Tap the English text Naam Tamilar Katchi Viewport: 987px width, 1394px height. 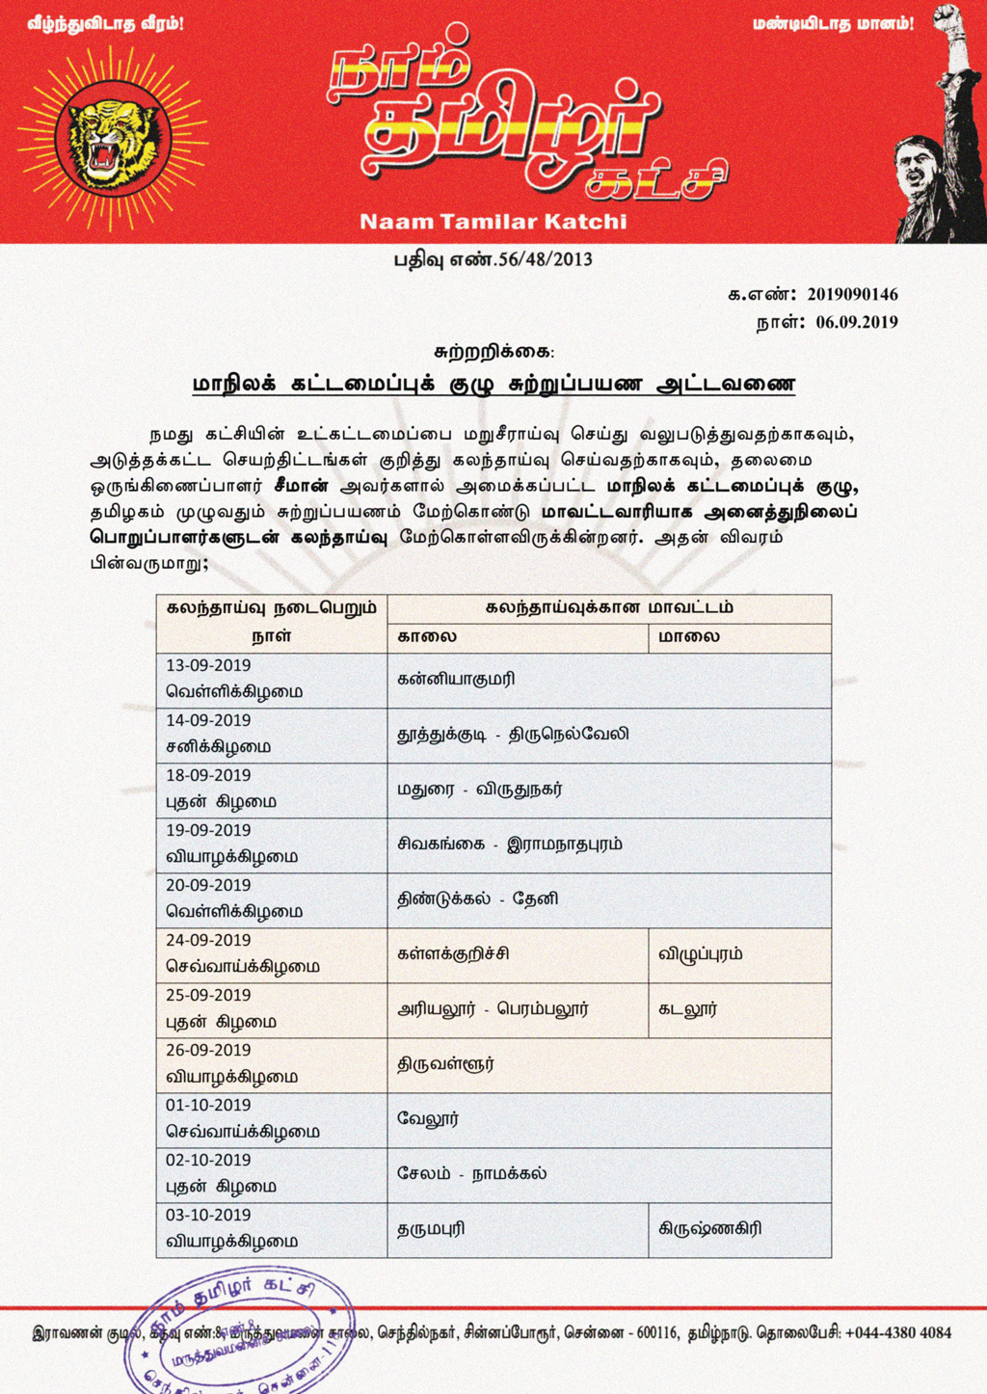tap(493, 222)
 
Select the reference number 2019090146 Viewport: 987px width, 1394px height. tap(852, 295)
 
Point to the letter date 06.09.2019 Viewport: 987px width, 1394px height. tap(856, 323)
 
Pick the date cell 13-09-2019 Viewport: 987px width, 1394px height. tap(208, 666)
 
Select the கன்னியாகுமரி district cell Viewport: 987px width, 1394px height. tap(456, 680)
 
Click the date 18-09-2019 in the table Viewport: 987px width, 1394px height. tap(208, 776)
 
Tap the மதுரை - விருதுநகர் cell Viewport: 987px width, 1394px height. tap(479, 790)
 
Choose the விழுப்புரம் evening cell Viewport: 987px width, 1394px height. tap(700, 954)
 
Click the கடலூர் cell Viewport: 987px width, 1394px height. tap(687, 1009)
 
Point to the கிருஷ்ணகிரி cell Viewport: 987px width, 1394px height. tap(709, 1229)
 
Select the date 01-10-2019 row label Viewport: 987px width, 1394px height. tap(208, 1106)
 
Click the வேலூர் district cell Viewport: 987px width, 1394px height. tap(428, 1119)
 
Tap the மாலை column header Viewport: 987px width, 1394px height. tap(688, 637)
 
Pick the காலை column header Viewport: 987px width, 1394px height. tap(427, 637)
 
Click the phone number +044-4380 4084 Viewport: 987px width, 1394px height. tap(897, 1333)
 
